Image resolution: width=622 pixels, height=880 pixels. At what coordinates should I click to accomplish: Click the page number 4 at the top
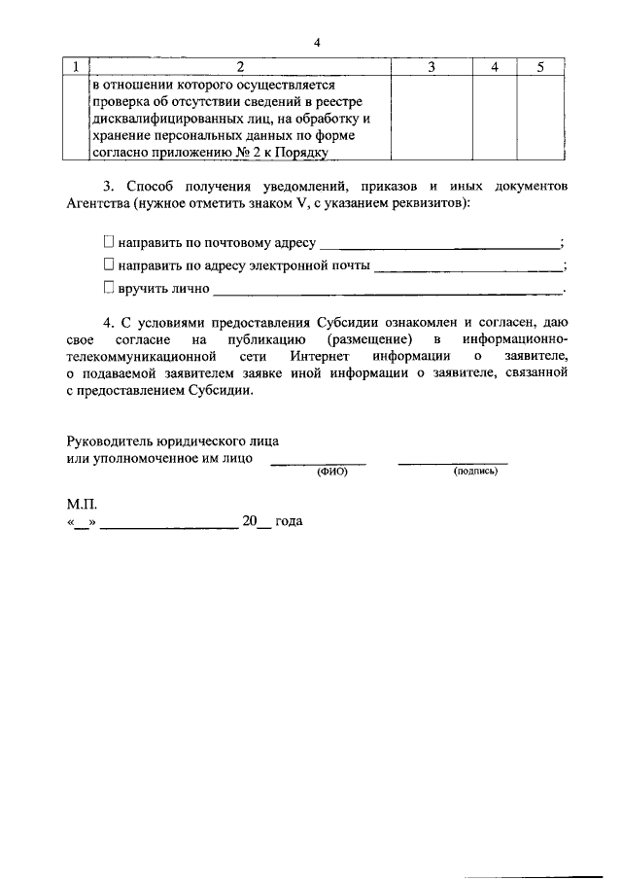coord(317,42)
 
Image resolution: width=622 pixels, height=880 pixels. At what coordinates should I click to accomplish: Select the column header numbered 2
coord(239,66)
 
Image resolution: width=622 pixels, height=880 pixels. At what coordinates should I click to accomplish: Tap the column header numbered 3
coord(431,66)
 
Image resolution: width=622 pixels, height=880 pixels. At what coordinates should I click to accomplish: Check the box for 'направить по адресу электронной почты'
coord(109,264)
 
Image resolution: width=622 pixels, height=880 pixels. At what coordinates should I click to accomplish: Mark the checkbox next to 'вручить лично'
coord(109,288)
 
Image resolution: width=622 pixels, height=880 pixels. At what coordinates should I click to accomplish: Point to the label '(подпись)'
coord(475,471)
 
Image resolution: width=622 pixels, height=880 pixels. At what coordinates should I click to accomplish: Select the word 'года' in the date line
coord(289,522)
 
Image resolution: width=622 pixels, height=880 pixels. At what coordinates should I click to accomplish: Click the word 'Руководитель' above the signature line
coord(109,440)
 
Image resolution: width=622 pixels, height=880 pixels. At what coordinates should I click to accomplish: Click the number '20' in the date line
coord(250,522)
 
